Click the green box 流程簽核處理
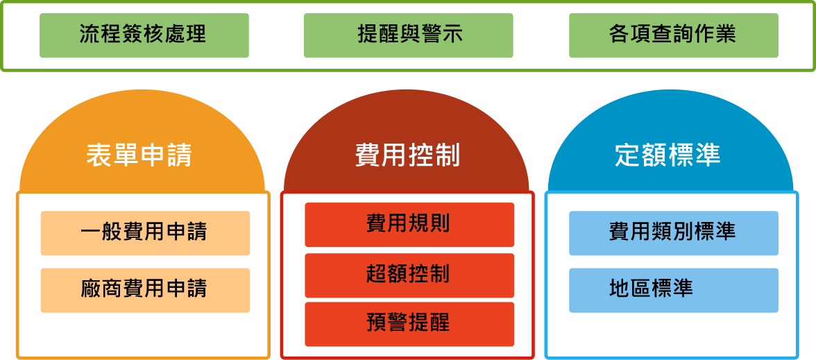click(x=144, y=35)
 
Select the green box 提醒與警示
click(x=408, y=35)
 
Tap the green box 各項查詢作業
click(x=673, y=35)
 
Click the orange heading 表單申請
click(x=139, y=155)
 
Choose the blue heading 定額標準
click(x=668, y=155)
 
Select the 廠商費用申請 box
click(x=144, y=289)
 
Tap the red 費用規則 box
click(x=409, y=224)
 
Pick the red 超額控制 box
click(x=409, y=275)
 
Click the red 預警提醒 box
click(x=409, y=323)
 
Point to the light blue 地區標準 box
click(x=673, y=289)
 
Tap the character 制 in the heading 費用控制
click(x=447, y=155)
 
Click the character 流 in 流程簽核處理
click(x=90, y=35)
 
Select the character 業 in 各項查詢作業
click(x=726, y=35)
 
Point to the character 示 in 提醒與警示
click(x=451, y=35)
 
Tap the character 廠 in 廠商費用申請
click(x=92, y=289)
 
